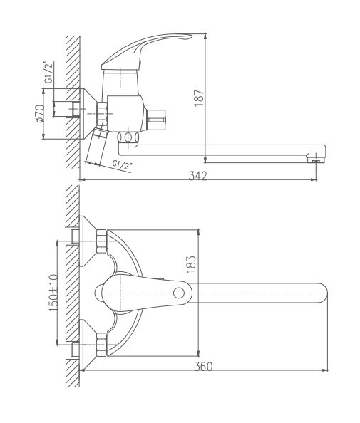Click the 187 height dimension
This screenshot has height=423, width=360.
(x=200, y=95)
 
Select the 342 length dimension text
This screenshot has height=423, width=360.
(x=198, y=176)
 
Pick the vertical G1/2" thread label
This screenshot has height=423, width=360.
(x=48, y=73)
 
